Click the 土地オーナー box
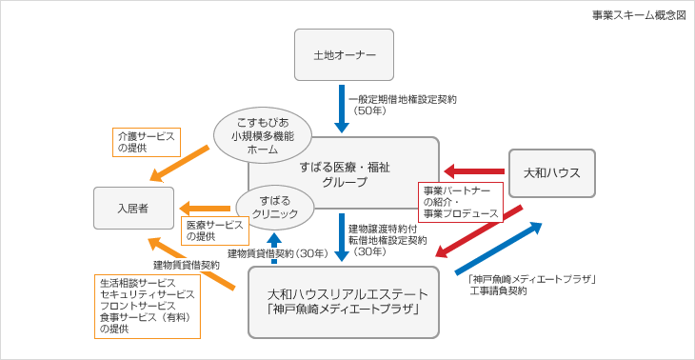click(344, 55)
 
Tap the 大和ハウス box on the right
click(551, 172)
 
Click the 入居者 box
click(133, 208)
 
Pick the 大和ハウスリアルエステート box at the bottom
click(343, 302)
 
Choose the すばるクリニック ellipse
click(275, 208)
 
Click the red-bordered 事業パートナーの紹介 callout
click(460, 202)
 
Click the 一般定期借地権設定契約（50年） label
click(402, 105)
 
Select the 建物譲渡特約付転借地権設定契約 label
click(387, 240)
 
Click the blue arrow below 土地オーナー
click(342, 109)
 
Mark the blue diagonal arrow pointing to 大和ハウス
click(499, 249)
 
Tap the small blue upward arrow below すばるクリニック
click(274, 243)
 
